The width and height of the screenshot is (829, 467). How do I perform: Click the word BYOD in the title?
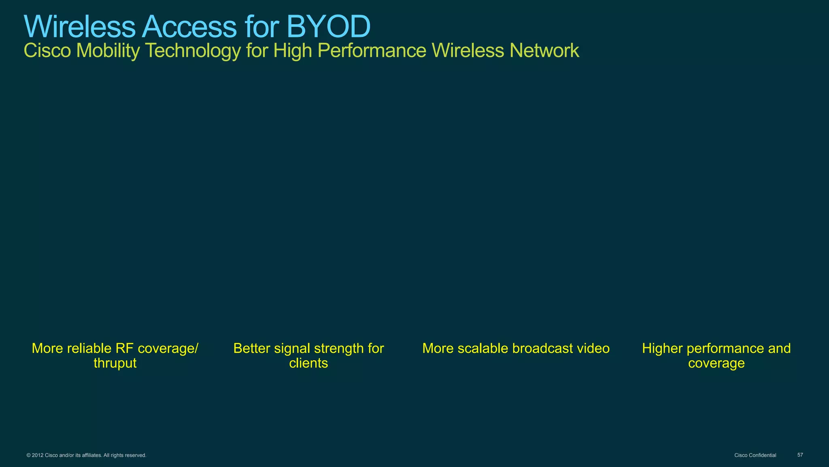[x=328, y=27]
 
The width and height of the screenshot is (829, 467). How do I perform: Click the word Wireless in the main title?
[x=79, y=27]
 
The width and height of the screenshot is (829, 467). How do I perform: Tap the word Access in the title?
[x=189, y=27]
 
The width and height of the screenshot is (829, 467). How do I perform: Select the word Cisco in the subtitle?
[x=47, y=51]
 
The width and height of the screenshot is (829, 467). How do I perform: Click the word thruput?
[x=115, y=363]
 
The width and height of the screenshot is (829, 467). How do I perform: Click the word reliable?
[x=89, y=348]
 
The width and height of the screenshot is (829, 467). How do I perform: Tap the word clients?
[x=308, y=363]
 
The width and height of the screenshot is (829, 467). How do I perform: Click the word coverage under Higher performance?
[x=716, y=363]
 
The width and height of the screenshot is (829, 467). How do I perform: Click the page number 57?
[x=800, y=455]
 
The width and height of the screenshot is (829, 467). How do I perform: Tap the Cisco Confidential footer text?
[x=755, y=455]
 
